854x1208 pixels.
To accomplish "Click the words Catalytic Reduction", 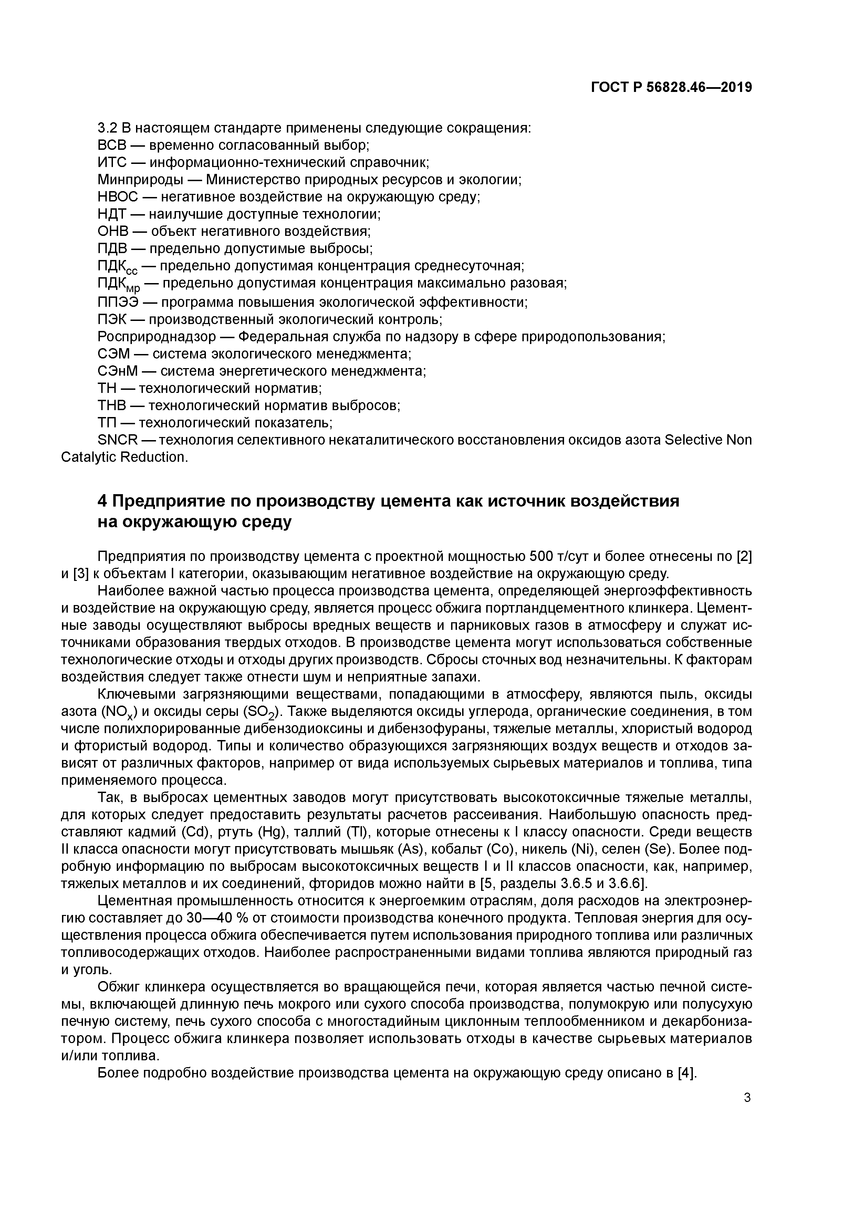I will click(124, 457).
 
